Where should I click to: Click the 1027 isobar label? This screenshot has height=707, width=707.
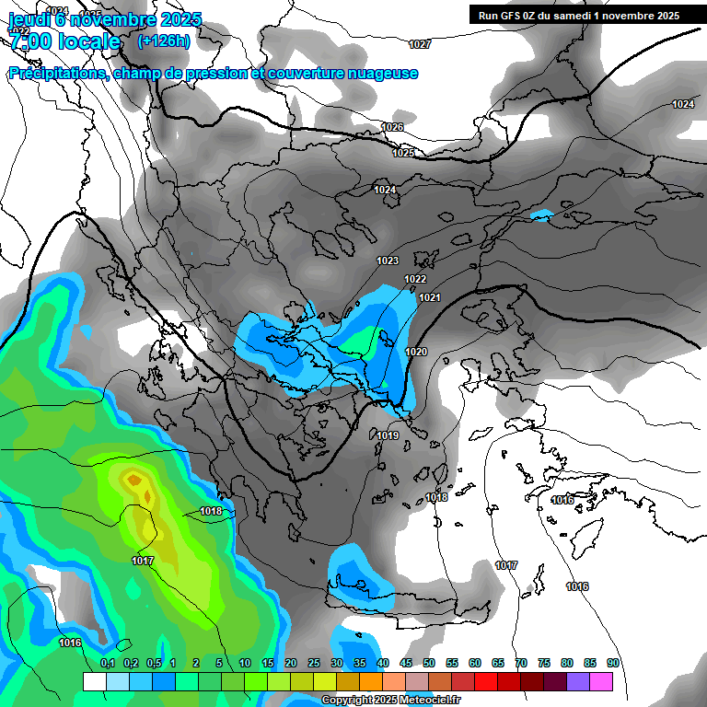tap(420, 44)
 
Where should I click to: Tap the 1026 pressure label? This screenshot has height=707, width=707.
tap(392, 127)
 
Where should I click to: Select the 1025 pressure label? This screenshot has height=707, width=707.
tap(402, 153)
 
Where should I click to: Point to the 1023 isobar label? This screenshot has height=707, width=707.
tap(388, 261)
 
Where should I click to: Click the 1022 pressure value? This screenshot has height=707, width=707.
tap(415, 279)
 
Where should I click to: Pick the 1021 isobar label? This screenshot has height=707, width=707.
tap(430, 297)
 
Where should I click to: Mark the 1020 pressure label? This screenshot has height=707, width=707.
tap(416, 352)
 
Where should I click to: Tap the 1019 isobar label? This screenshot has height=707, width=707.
tap(388, 435)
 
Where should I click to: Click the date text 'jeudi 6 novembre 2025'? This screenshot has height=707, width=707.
tap(105, 19)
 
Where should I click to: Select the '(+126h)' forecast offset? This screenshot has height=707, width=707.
tap(163, 41)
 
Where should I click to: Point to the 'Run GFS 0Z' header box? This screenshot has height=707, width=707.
tap(579, 16)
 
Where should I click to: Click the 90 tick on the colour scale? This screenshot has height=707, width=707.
tap(612, 663)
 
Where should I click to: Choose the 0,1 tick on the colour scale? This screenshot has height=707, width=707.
tap(108, 663)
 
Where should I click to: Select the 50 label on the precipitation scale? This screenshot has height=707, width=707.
tap(429, 663)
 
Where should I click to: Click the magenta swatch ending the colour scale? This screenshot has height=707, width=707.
tap(601, 681)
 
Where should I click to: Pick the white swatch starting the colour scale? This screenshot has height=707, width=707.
tap(95, 681)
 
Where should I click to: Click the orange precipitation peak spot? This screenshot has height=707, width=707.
tap(134, 479)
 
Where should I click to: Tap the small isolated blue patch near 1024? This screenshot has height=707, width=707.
tap(541, 215)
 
